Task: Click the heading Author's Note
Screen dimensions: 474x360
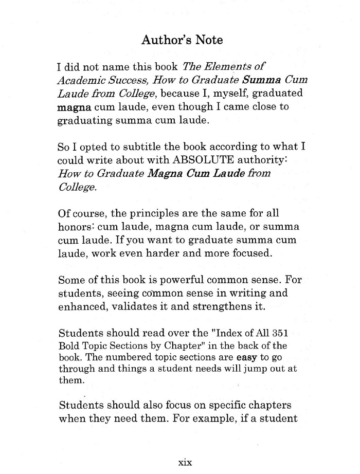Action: (182, 40)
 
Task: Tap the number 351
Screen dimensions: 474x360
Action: (280, 334)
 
